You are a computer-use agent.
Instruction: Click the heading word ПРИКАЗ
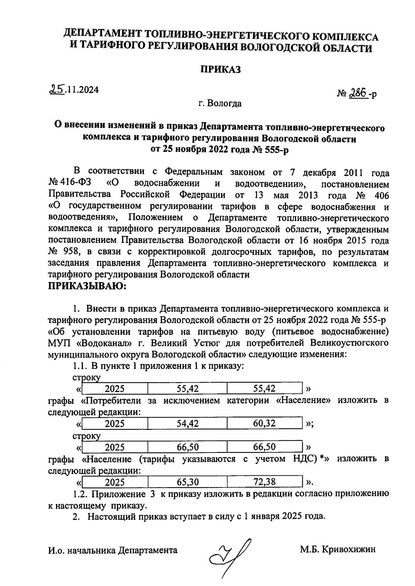(221, 69)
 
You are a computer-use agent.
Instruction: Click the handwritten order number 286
(358, 93)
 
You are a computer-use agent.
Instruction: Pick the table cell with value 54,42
(187, 424)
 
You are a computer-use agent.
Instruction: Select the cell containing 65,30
(187, 482)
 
